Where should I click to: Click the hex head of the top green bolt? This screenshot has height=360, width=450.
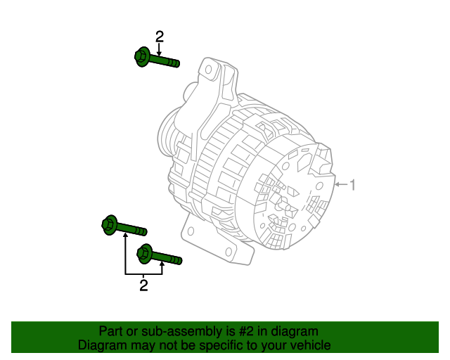141,56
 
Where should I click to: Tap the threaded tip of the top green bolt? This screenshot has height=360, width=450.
174,63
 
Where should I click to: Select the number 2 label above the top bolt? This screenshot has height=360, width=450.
160,37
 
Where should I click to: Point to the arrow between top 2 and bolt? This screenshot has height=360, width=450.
160,50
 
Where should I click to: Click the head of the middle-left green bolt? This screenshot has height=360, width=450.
110,225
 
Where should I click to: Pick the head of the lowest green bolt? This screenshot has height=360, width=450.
145,252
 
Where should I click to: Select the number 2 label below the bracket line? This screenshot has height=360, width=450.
143,285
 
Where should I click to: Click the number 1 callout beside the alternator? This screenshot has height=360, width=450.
353,185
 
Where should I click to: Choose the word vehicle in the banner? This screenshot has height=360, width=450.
310,345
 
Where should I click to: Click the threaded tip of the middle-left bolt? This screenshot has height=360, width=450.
142,231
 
